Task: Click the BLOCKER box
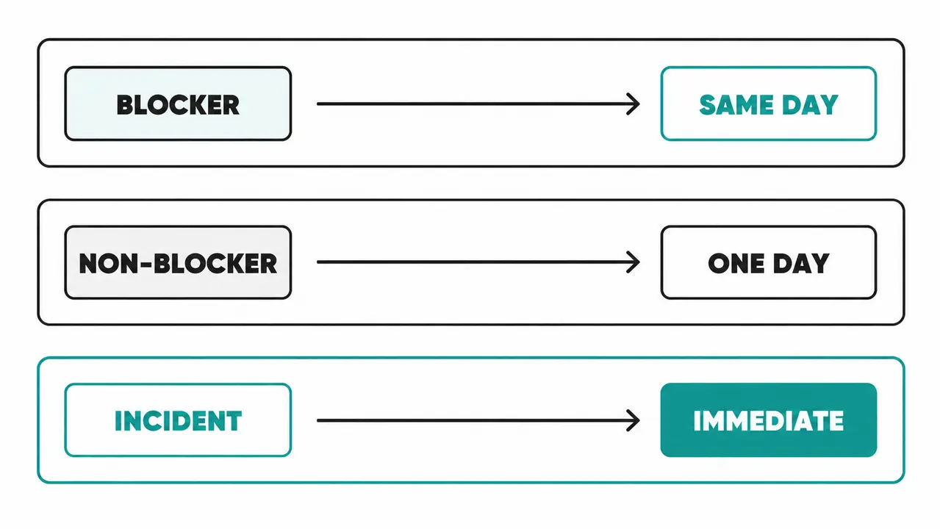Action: pos(178,104)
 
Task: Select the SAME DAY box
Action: pos(768,104)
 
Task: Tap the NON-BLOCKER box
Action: pos(178,262)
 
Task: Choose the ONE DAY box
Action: pos(768,262)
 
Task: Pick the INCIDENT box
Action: pos(178,420)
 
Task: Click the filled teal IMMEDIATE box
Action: pos(768,420)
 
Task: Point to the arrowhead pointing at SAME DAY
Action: pos(634,104)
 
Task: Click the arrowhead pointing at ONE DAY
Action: pos(634,262)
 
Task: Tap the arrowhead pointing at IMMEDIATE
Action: pos(634,420)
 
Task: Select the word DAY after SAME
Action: pos(810,105)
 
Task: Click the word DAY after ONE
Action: pos(801,264)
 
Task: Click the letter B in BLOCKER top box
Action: pos(124,105)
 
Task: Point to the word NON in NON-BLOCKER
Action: pos(109,264)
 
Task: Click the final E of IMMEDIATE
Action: pos(836,421)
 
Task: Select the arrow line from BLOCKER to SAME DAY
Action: pos(478,104)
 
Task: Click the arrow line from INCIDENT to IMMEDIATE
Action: pos(478,420)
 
